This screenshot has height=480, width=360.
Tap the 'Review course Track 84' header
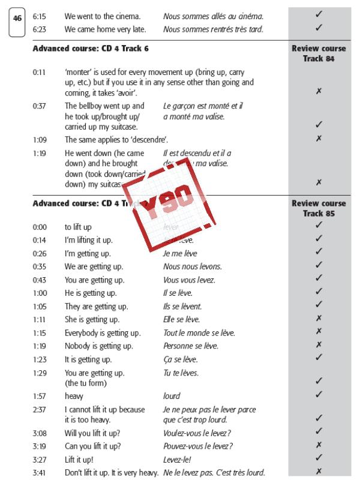pyautogui.click(x=319, y=52)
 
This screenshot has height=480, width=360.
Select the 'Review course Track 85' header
pyautogui.click(x=319, y=208)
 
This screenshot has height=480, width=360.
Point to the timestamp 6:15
pyautogui.click(x=40, y=15)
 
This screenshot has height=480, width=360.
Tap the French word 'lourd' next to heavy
pyautogui.click(x=172, y=396)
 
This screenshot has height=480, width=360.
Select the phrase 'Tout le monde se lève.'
pyautogui.click(x=199, y=333)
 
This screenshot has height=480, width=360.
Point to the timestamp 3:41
pyautogui.click(x=40, y=472)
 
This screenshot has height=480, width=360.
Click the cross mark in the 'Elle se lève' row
pyautogui.click(x=319, y=318)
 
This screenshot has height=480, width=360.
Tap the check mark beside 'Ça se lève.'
pyautogui.click(x=319, y=358)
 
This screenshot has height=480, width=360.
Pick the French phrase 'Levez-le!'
pyautogui.click(x=178, y=459)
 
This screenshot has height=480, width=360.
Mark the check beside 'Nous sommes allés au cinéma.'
pyautogui.click(x=319, y=14)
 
